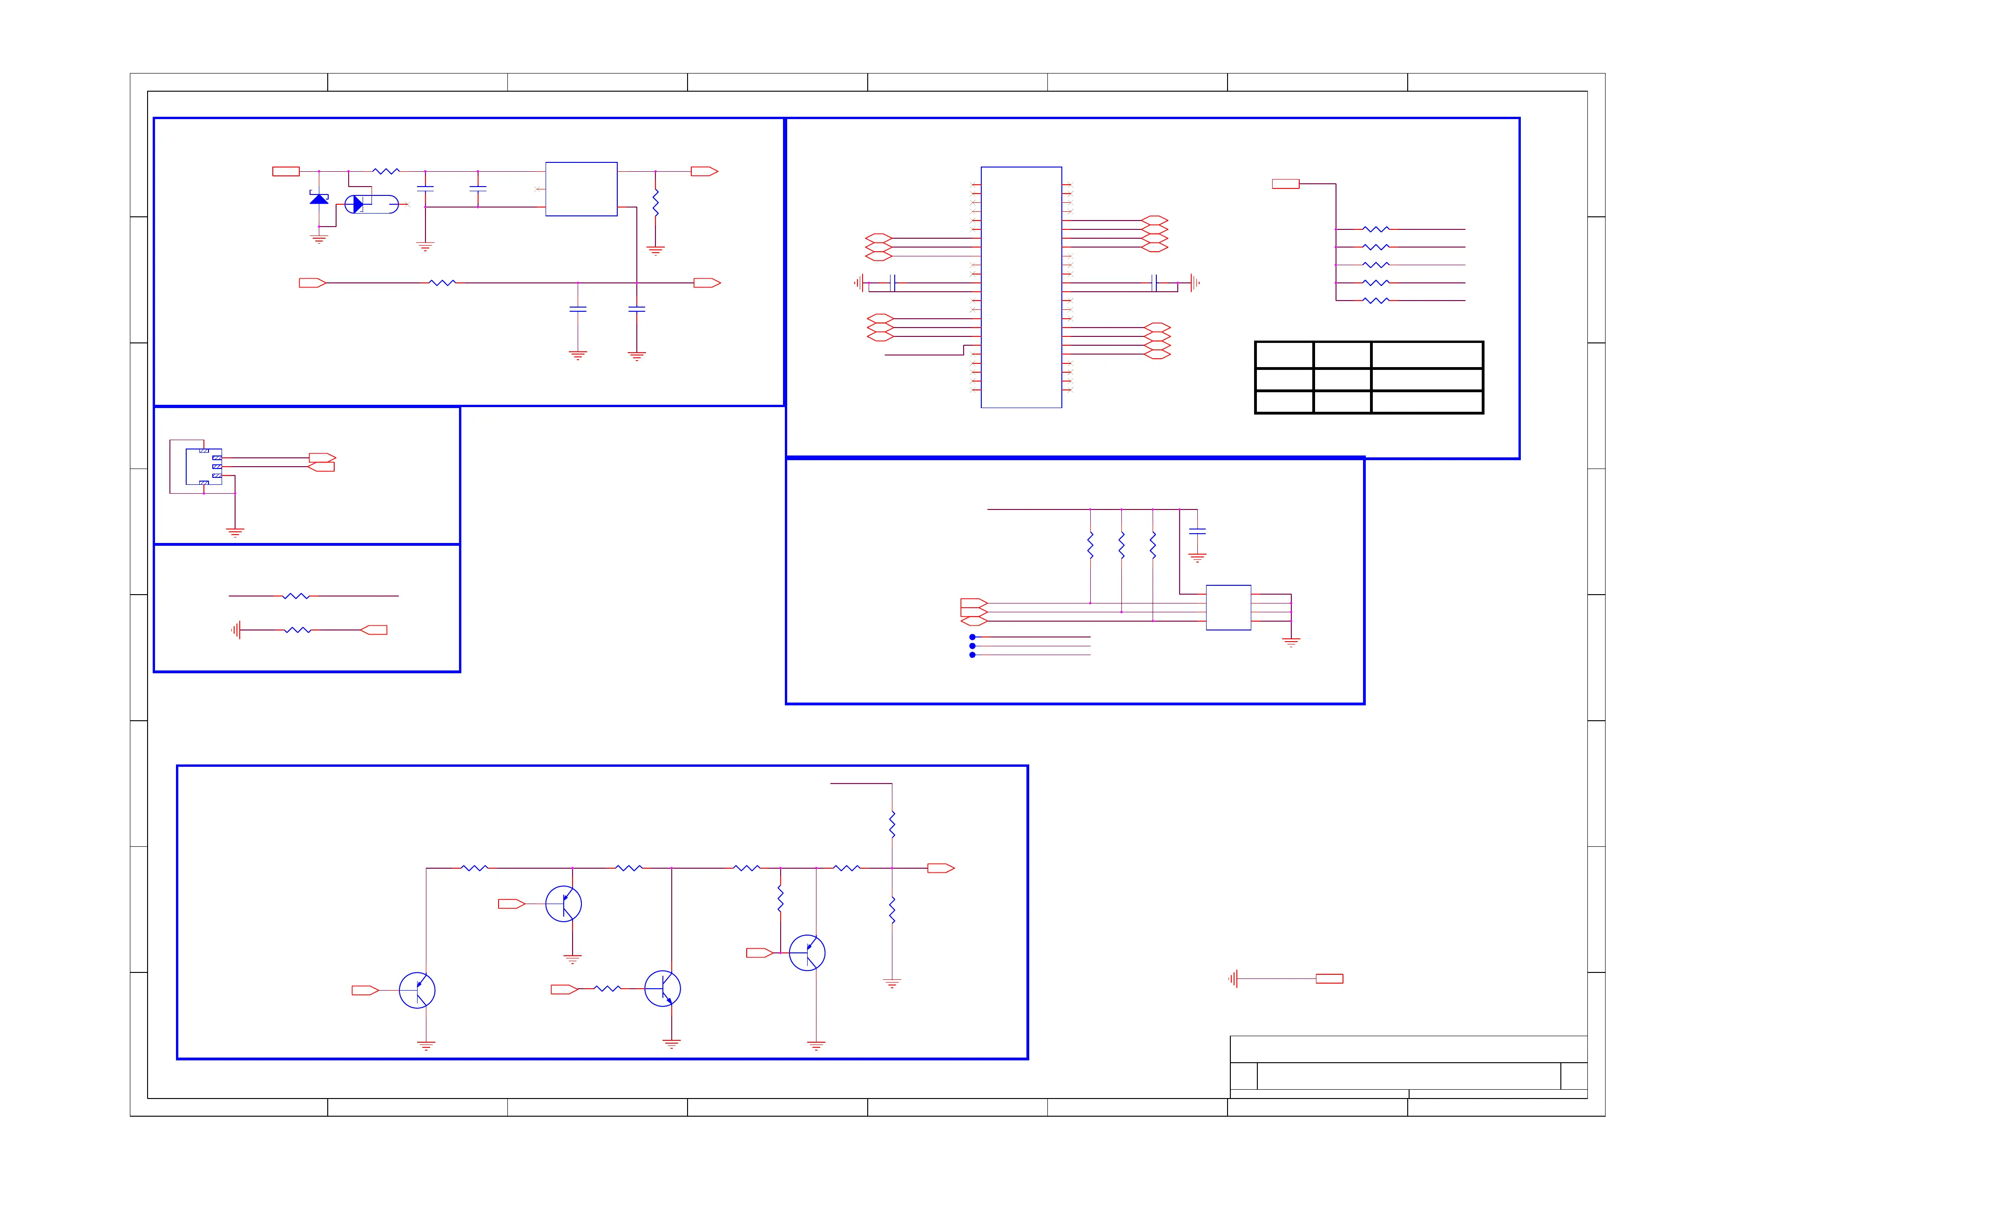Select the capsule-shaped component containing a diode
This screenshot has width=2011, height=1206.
click(371, 204)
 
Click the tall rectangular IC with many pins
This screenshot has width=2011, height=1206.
click(1021, 287)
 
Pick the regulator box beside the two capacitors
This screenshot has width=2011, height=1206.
click(581, 188)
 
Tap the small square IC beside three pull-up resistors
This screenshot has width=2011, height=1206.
click(1228, 607)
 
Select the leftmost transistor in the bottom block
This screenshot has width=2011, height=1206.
click(417, 990)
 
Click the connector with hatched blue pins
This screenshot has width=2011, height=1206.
click(204, 467)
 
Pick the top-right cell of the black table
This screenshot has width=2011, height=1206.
click(1427, 355)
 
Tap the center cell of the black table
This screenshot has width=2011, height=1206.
click(1342, 380)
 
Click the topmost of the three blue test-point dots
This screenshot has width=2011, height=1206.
click(972, 637)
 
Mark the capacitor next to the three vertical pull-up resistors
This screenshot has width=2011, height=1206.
click(1197, 531)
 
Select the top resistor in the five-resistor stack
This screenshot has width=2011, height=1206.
click(1376, 229)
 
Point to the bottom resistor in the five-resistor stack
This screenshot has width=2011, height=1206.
click(1376, 301)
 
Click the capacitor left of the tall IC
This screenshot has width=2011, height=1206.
click(892, 283)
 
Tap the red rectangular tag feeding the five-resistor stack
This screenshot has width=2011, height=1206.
click(1285, 184)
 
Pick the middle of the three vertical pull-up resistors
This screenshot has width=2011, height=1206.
click(1122, 544)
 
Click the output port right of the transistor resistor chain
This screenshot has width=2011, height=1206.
click(940, 868)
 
